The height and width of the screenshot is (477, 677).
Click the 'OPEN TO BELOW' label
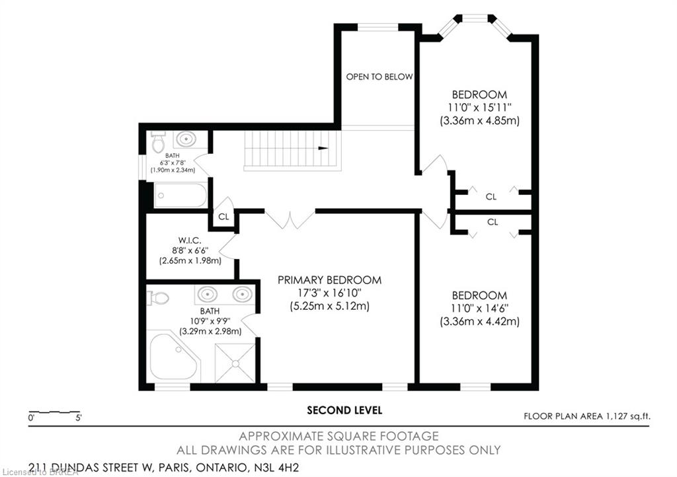(379, 77)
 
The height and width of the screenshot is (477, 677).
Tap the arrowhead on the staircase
(323, 148)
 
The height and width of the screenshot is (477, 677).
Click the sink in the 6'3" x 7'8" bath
(186, 139)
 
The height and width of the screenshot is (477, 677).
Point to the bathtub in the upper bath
(180, 196)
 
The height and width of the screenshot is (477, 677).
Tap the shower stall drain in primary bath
(235, 363)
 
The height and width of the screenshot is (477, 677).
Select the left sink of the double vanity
(207, 294)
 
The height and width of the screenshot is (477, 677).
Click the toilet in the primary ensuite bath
(158, 297)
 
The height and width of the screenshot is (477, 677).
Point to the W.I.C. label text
(190, 240)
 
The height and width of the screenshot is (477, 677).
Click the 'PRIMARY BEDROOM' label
(329, 280)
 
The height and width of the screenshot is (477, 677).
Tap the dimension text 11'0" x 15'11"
(479, 108)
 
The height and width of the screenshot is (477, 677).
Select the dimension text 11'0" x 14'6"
(479, 309)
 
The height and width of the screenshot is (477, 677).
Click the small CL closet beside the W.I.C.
(223, 217)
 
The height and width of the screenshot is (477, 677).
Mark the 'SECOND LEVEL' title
(344, 410)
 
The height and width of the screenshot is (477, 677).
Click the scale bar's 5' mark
(79, 418)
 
